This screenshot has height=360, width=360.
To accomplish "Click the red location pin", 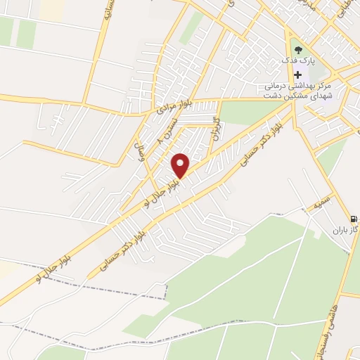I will [x=181, y=165].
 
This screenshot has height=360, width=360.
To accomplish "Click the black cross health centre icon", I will [x=298, y=75].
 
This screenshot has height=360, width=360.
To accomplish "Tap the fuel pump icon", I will [x=354, y=219].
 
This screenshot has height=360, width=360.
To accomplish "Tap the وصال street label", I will [x=140, y=152].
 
